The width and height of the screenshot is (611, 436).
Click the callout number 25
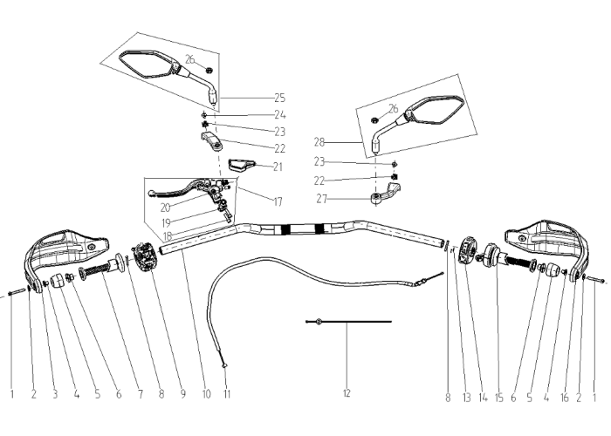[x=280, y=98]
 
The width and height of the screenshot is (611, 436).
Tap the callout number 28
[x=319, y=142]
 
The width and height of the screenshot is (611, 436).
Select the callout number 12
[x=347, y=393]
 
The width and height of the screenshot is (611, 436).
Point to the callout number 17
[x=278, y=201]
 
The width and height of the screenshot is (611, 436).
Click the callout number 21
[x=278, y=167]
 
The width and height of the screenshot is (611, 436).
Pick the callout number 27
[x=321, y=199]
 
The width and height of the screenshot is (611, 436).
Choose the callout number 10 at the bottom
[x=207, y=394]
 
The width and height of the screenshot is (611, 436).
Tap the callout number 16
[x=564, y=398]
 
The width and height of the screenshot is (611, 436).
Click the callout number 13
[x=467, y=398]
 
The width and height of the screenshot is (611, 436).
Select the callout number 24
[x=280, y=115]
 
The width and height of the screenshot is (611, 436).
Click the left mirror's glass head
[x=146, y=63]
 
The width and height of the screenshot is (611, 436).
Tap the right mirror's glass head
[x=434, y=111]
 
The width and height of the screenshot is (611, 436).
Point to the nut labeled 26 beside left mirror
[x=209, y=71]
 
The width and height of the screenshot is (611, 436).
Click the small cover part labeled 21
[x=241, y=165]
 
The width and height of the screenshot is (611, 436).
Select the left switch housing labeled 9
[x=145, y=256]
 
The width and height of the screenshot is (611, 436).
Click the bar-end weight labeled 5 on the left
[x=57, y=281]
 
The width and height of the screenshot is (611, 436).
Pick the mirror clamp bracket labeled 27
[x=385, y=194]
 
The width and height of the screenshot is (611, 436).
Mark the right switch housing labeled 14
[x=469, y=250]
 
